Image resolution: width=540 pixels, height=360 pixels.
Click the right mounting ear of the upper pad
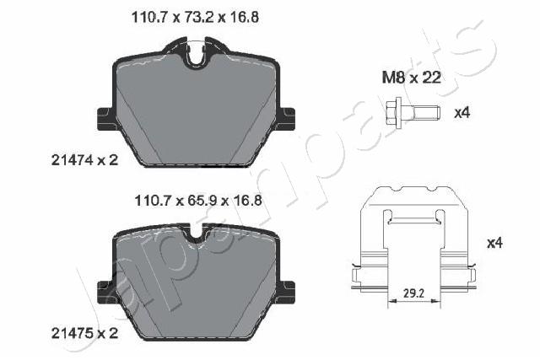[x=287, y=119]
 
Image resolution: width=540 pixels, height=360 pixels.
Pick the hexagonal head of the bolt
[x=395, y=110]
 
